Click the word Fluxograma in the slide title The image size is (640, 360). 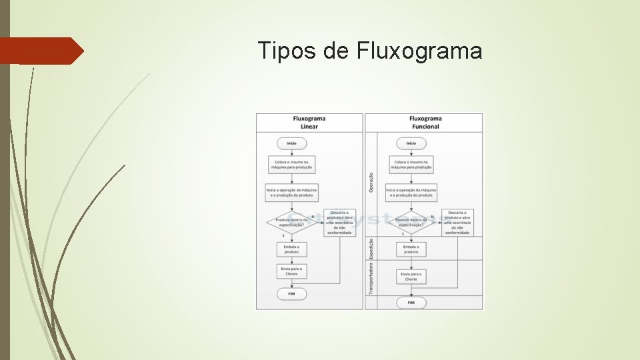point(419,51)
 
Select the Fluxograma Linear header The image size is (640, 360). point(309,123)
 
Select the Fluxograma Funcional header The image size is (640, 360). point(425,123)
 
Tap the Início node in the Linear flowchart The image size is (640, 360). point(292,143)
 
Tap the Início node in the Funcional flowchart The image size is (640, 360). point(411,143)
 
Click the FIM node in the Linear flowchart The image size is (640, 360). point(292,293)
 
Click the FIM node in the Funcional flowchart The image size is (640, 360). point(411,303)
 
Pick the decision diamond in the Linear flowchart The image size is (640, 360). point(292,222)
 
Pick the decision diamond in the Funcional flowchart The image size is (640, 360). point(411,222)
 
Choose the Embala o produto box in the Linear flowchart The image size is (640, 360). point(292,249)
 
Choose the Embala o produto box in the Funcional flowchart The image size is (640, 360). point(411,249)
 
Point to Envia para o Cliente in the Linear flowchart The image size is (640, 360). point(292,271)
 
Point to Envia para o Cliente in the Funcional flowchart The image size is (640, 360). point(411,276)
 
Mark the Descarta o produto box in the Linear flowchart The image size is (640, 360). point(339,223)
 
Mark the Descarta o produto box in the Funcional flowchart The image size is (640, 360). point(457,223)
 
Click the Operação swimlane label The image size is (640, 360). point(371,183)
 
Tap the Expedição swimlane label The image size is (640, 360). point(371,249)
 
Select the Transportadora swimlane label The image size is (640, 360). point(371,277)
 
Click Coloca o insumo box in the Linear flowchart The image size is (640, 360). point(292,165)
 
